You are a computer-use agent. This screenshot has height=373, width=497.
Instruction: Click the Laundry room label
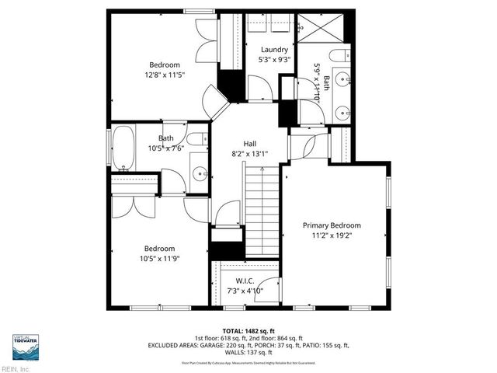coord(274,50)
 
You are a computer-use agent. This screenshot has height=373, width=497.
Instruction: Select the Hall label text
coord(249,144)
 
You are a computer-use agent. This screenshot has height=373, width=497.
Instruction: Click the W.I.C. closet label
coord(245,281)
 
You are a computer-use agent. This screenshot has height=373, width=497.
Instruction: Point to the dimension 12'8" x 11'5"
coord(165,75)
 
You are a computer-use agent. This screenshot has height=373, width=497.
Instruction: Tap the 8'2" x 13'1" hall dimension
coord(249,154)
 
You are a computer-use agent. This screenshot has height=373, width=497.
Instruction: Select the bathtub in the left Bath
coord(124,150)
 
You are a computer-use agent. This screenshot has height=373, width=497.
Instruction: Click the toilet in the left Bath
coord(199,139)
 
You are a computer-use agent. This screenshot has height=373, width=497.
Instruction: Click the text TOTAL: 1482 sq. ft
coord(248,330)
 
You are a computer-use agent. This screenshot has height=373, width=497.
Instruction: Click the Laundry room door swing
coord(258,86)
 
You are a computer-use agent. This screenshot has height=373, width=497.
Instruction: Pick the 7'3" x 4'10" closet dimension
coord(245,291)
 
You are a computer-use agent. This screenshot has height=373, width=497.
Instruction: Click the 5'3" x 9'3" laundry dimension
coord(274,60)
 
